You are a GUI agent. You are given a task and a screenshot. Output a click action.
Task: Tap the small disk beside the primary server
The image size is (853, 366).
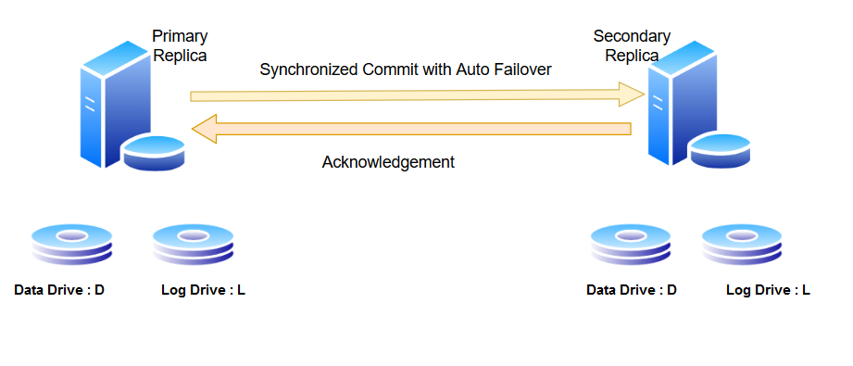pos(155,152)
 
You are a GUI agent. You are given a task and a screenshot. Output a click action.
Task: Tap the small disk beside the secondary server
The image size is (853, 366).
pos(719,151)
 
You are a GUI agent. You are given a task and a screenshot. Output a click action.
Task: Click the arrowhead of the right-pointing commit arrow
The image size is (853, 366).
pos(633,93)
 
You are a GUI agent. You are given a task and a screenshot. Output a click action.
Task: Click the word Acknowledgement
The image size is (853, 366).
pos(388,162)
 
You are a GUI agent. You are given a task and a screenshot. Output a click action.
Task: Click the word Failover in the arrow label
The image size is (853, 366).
pos(522,69)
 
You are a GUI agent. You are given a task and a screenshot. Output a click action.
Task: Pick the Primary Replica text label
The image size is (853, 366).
pos(180,45)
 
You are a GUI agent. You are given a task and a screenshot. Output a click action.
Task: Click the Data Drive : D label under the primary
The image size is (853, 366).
pos(59,290)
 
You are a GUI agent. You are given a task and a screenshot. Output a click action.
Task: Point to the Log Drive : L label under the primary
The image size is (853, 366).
pos(203,290)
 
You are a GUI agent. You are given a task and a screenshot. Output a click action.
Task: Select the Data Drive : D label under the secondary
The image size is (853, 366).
pos(632,290)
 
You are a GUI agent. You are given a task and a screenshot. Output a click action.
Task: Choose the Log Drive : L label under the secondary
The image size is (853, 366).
pos(768,290)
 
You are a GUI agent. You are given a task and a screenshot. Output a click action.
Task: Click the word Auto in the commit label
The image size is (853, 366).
pos(473,69)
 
